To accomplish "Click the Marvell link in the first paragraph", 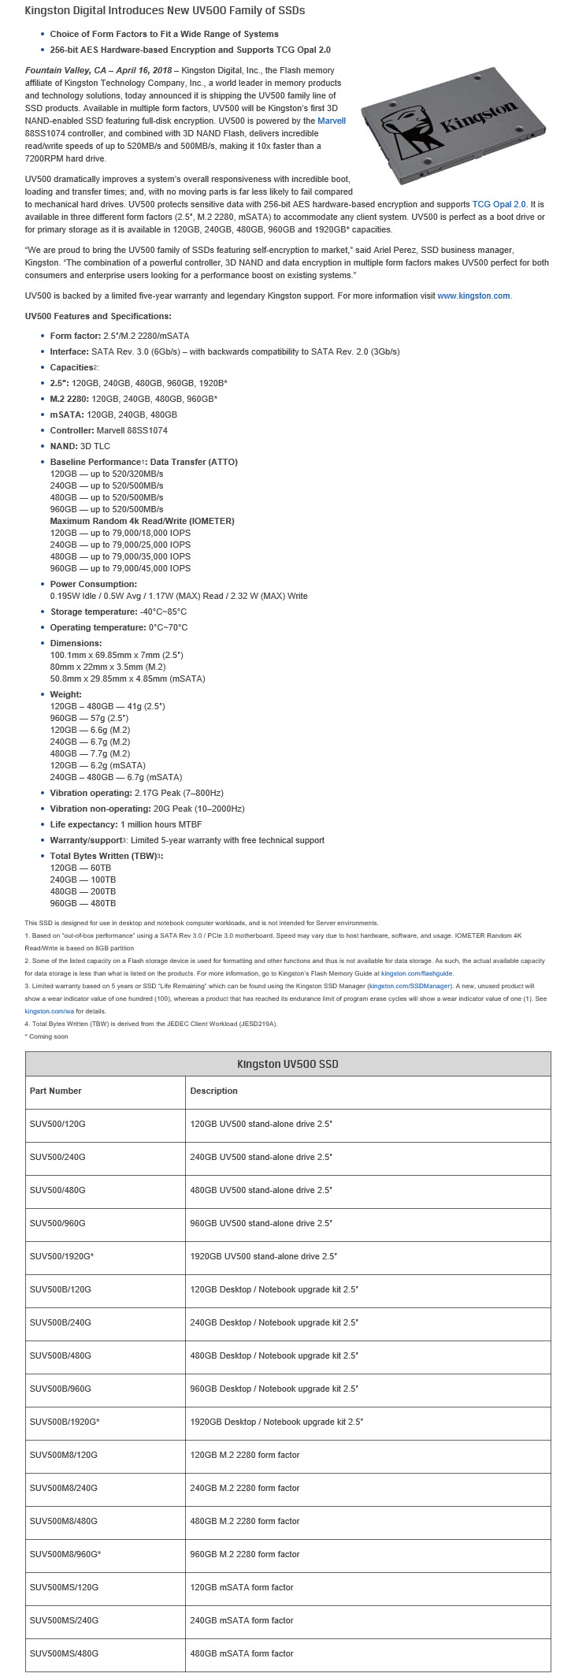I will point(331,121).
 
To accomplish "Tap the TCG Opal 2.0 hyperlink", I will point(499,204).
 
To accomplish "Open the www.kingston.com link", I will point(473,296).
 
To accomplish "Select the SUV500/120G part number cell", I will point(57,1124).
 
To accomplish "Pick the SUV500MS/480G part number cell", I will point(64,1653).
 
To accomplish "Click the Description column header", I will point(213,1091).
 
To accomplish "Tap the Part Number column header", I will point(55,1091).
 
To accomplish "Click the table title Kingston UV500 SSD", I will point(287,1064).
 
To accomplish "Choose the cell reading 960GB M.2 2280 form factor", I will point(245,1554).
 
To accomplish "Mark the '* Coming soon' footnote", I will point(46,1036).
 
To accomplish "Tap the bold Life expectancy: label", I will point(84,824).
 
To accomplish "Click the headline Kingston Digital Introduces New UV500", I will point(165,11).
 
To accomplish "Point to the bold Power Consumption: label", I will point(93,584).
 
